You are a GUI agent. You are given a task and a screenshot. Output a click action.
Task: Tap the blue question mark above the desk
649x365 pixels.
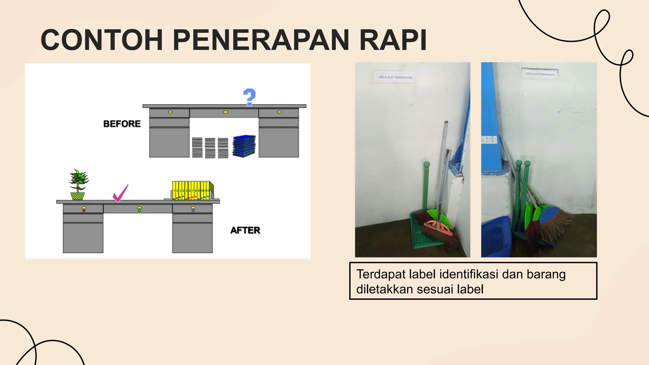click(x=249, y=97)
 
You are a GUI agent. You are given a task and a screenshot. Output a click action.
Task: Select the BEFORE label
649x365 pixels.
click(x=122, y=124)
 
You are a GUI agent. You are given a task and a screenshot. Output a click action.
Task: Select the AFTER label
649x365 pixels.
click(x=245, y=230)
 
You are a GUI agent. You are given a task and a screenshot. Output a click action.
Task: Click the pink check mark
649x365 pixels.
click(x=120, y=193)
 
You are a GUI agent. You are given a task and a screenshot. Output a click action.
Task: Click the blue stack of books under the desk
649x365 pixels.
click(x=244, y=146)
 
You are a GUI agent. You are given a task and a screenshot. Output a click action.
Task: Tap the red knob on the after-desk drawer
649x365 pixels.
click(x=84, y=210)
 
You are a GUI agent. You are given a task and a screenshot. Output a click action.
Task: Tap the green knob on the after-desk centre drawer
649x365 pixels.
click(x=139, y=210)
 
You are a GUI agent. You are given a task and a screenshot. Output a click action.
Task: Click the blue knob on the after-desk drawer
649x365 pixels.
click(x=193, y=210)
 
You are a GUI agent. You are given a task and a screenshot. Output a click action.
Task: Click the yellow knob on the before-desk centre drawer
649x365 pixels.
click(x=225, y=112)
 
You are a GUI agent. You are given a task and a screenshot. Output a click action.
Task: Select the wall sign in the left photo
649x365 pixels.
click(x=395, y=77)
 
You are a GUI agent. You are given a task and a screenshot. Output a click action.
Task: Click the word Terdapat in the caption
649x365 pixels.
click(x=381, y=274)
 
